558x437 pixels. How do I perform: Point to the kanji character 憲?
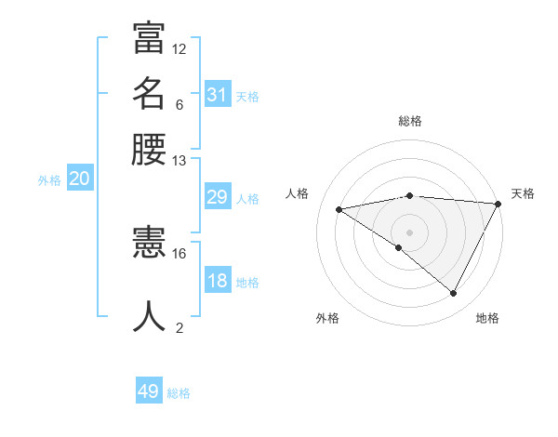(x=149, y=244)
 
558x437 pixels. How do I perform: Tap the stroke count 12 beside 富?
(x=179, y=48)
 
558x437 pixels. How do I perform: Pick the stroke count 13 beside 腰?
(x=179, y=160)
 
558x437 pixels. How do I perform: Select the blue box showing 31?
(x=218, y=95)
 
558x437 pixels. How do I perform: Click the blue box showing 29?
(x=218, y=197)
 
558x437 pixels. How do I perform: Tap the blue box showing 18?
(x=218, y=281)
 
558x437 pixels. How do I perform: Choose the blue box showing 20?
(x=79, y=179)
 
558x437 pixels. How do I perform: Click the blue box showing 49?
(x=149, y=391)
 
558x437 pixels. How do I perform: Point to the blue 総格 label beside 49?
(x=179, y=393)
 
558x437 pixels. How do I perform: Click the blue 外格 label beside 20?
(x=49, y=181)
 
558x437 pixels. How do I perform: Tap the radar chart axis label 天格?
(x=523, y=193)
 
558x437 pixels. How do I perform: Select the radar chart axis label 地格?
(x=487, y=318)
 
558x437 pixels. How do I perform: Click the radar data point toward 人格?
(x=339, y=209)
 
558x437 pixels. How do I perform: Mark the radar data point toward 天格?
(x=498, y=203)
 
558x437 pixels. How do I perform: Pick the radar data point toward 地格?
(x=454, y=294)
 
